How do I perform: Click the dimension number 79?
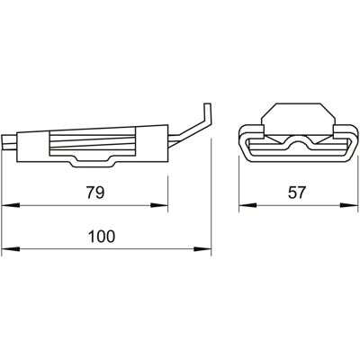point(95,193)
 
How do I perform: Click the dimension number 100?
point(102,237)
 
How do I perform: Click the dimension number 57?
point(296,193)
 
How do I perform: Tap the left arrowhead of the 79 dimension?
point(11,205)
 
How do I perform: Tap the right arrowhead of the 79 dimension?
point(159,205)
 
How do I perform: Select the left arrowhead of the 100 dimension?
point(11,249)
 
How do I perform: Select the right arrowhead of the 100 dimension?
point(202,249)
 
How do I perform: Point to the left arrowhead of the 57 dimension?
point(247,205)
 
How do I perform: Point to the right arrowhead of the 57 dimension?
point(349,205)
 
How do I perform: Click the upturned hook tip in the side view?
point(207,112)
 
